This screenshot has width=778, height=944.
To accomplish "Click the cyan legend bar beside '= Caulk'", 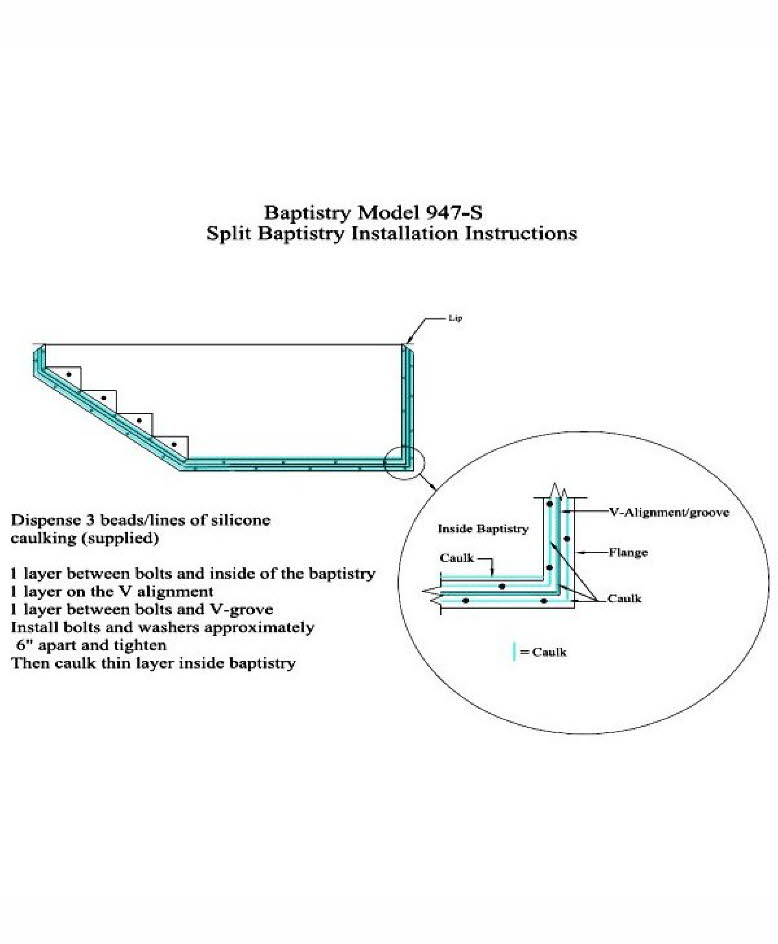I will point(514,651).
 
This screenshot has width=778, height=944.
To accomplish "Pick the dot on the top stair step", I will point(67,375).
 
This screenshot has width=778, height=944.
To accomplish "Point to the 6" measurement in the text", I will point(26,646).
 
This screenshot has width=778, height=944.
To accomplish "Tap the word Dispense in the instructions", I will point(41,521).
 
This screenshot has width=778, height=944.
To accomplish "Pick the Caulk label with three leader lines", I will point(624,598).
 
